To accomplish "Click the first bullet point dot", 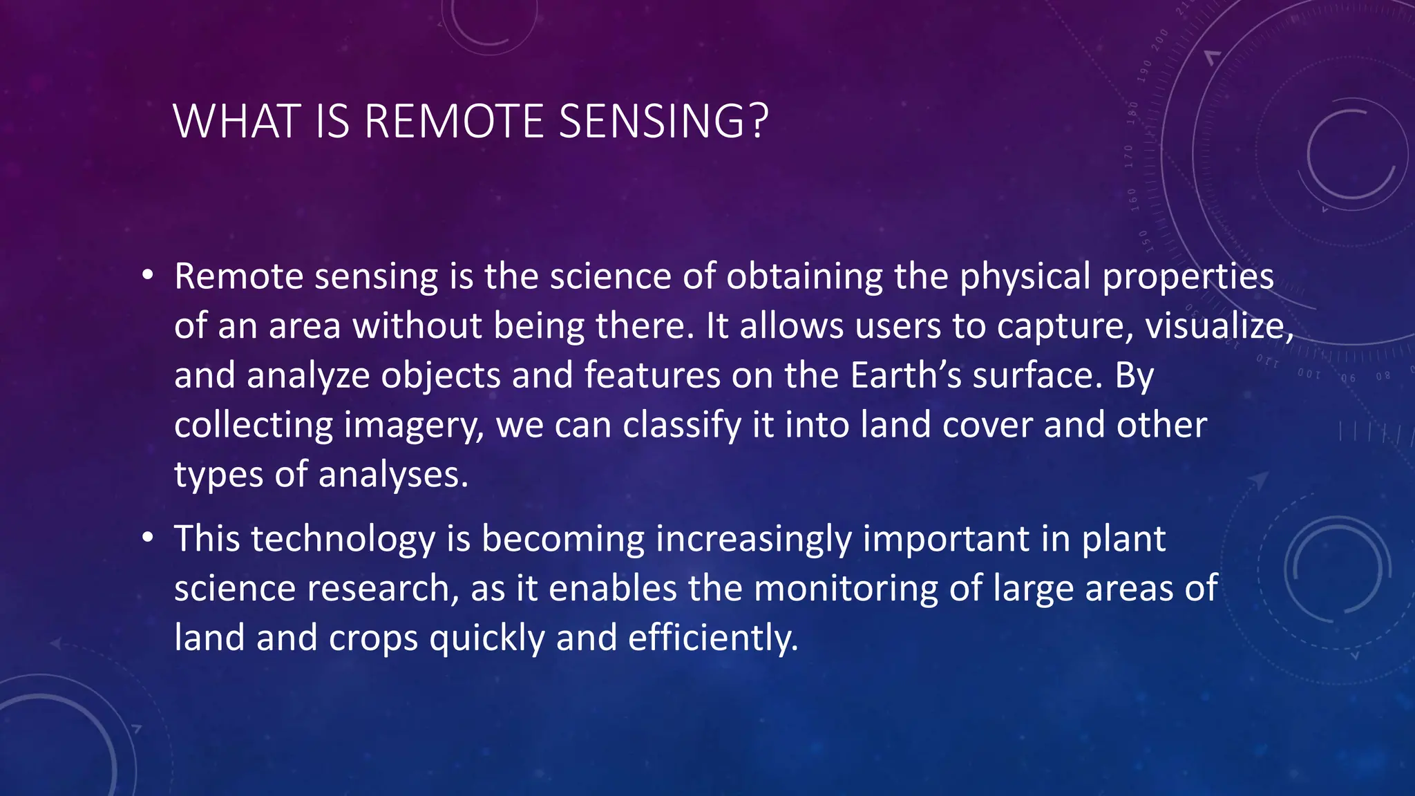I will (147, 276).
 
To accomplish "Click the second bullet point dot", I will (147, 538).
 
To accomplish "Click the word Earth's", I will (905, 375).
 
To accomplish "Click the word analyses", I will (392, 475).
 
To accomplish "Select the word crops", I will (373, 638).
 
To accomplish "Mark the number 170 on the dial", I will (1129, 157).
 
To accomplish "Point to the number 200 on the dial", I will (1160, 39).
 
